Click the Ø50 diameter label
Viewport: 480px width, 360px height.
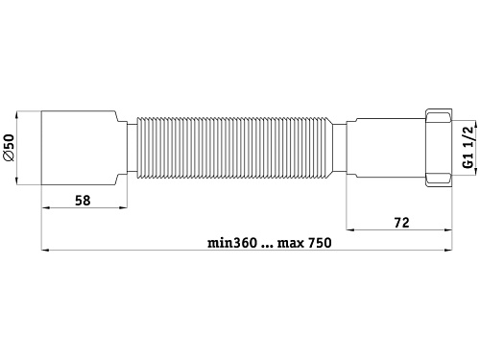point(9,148)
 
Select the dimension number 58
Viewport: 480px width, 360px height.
point(83,201)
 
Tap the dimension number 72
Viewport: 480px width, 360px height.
point(401,223)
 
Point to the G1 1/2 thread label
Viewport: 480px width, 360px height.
point(468,147)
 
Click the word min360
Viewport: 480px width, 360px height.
point(232,243)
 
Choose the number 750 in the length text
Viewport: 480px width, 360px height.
point(320,243)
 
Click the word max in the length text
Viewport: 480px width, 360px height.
point(291,244)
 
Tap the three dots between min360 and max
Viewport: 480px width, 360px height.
point(267,247)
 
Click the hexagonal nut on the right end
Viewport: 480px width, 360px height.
point(439,148)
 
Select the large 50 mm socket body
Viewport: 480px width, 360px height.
point(80,148)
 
